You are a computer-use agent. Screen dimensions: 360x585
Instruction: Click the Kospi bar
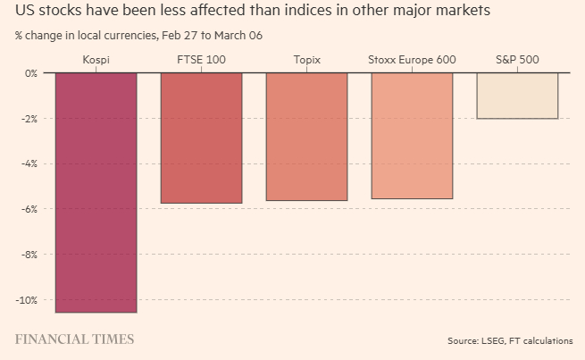click(x=96, y=192)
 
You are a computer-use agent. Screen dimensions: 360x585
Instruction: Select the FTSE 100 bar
click(x=202, y=138)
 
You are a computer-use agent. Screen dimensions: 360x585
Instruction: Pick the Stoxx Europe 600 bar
click(x=412, y=135)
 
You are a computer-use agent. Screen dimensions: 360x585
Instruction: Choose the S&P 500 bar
click(x=517, y=96)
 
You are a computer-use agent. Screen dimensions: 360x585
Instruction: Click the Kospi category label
click(x=96, y=60)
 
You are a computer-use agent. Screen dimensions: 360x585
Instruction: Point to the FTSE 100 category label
click(x=202, y=60)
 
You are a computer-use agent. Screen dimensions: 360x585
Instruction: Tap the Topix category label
click(x=306, y=60)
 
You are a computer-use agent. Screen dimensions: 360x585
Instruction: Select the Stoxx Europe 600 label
click(x=412, y=60)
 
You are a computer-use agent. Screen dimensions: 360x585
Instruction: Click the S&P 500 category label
click(x=517, y=60)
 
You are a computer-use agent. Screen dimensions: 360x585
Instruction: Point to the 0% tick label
click(x=32, y=73)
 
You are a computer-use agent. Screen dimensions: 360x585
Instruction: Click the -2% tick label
click(x=30, y=119)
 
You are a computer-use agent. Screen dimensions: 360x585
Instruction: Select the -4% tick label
click(x=30, y=164)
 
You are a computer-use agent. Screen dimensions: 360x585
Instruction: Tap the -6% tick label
click(x=30, y=209)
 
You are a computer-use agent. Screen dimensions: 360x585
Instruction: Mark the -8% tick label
click(x=30, y=255)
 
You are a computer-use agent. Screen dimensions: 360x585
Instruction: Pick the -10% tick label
click(x=28, y=300)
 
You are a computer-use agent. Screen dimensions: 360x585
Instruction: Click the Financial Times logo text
click(x=75, y=339)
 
